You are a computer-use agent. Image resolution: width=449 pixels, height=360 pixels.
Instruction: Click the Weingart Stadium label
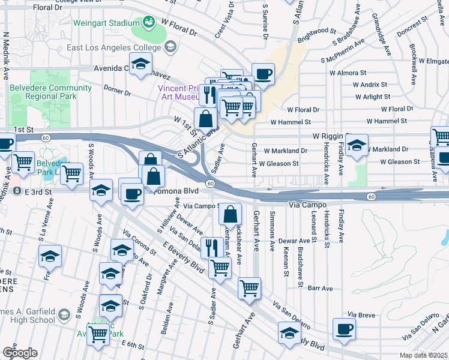[x=106, y=23]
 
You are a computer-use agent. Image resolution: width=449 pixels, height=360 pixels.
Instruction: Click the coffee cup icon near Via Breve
[x=345, y=328]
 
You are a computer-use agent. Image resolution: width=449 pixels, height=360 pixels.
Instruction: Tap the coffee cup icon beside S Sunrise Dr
[x=263, y=74]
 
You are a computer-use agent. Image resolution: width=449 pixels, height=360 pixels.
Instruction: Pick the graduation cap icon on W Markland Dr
[x=357, y=145]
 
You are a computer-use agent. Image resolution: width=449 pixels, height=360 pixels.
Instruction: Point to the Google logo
[x=20, y=353]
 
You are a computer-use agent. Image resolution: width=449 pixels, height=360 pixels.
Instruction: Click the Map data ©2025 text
[x=423, y=355]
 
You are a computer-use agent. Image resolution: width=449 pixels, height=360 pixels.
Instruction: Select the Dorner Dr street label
[x=117, y=92]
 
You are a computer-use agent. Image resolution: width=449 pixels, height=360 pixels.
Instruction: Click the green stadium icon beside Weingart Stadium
[x=148, y=23]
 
